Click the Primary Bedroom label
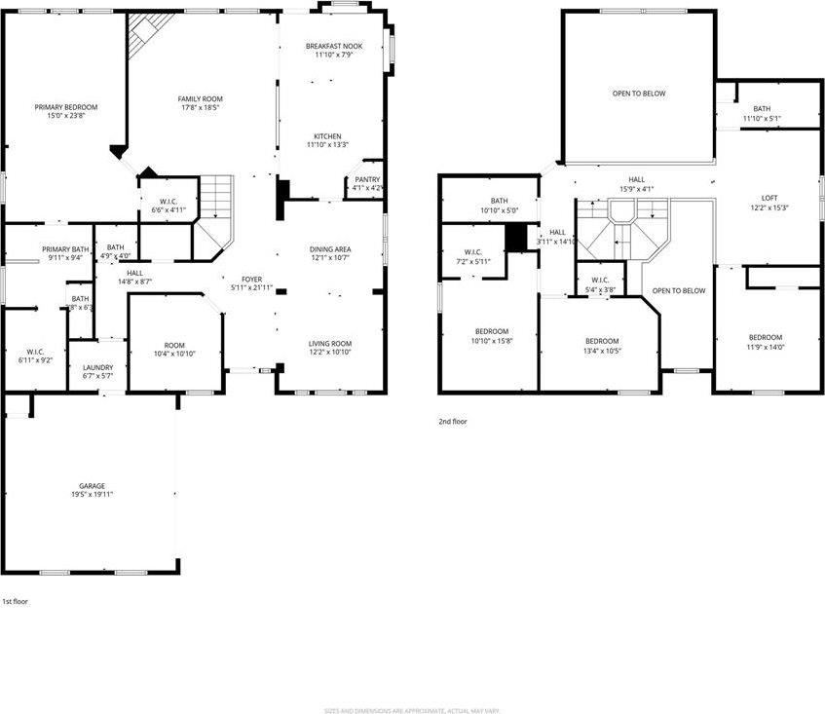click(x=66, y=107)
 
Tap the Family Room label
click(x=200, y=99)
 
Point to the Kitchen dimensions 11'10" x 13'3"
click(x=326, y=145)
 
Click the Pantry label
click(x=367, y=179)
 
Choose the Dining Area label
click(x=330, y=249)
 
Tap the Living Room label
click(x=330, y=344)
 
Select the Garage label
click(x=92, y=486)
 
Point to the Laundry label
click(x=97, y=367)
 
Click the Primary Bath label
click(x=65, y=250)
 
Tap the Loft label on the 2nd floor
click(x=769, y=198)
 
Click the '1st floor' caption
click(x=15, y=602)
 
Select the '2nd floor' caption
click(x=452, y=422)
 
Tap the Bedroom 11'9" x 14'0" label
click(x=766, y=337)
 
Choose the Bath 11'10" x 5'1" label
click(x=762, y=109)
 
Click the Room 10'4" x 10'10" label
click(x=174, y=345)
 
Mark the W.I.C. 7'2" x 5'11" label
click(x=473, y=252)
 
